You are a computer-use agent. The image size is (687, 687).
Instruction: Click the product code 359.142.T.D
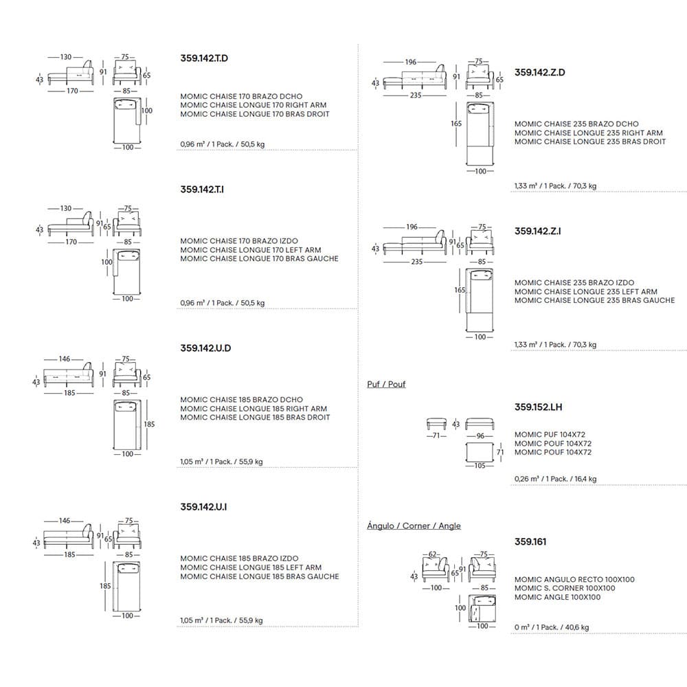pos(203,58)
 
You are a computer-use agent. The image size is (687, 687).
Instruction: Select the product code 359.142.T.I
pos(202,189)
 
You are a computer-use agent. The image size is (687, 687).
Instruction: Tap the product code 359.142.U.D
pos(205,348)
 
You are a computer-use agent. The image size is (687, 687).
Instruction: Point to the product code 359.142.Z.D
pos(539,72)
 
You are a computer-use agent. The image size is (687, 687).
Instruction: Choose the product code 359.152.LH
pos(538,407)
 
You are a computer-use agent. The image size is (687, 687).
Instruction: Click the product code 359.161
pos(530,541)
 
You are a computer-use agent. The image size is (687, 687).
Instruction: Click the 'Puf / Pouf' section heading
pos(386,384)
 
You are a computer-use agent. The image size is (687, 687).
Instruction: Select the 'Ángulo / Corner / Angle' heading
pos(414,526)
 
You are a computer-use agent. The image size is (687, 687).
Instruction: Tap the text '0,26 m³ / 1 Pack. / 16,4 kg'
pos(555,479)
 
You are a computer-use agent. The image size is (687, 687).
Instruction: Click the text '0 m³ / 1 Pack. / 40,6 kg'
pos(551,627)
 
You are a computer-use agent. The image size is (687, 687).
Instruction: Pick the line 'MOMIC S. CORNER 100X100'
pos(565,588)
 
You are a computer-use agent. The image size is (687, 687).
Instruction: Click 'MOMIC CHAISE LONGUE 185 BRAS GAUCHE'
pos(260,576)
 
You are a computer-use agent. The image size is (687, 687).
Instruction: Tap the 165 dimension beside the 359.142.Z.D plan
pos(457,124)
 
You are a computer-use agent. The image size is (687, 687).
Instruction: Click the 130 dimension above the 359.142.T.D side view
pos(66,57)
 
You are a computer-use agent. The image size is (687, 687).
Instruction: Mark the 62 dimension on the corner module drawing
pos(433,554)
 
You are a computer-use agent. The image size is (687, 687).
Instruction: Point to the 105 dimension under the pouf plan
pos(480,465)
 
